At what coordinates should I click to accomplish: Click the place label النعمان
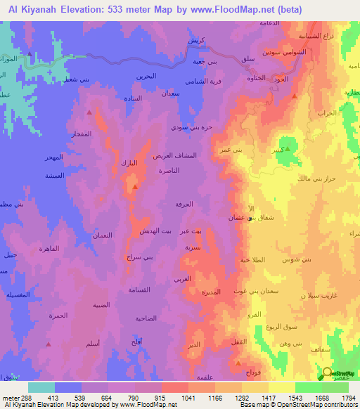[x=105, y=237]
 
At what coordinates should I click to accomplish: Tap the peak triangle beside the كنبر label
[x=287, y=148]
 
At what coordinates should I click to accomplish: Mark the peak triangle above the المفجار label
[x=89, y=111]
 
